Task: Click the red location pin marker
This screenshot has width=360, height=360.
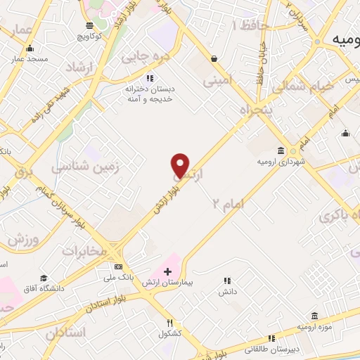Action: [x=180, y=165]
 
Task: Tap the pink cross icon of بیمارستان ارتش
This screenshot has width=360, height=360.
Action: [x=167, y=271]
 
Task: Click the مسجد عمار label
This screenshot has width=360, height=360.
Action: [x=30, y=58]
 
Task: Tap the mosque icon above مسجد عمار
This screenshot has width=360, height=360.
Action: [x=30, y=49]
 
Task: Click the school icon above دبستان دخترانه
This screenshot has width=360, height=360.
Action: [x=149, y=78]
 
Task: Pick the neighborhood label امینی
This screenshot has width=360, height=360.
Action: [x=217, y=82]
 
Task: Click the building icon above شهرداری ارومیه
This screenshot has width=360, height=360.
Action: [x=281, y=151]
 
